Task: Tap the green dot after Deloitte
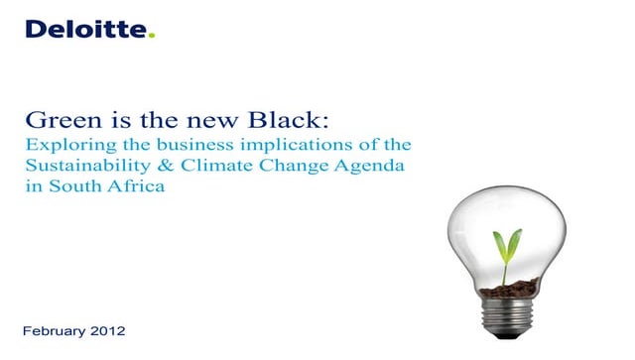(x=152, y=36)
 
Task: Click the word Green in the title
(x=57, y=122)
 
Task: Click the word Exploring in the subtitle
(x=61, y=147)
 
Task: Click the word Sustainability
(x=79, y=167)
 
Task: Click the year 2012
(x=110, y=329)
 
